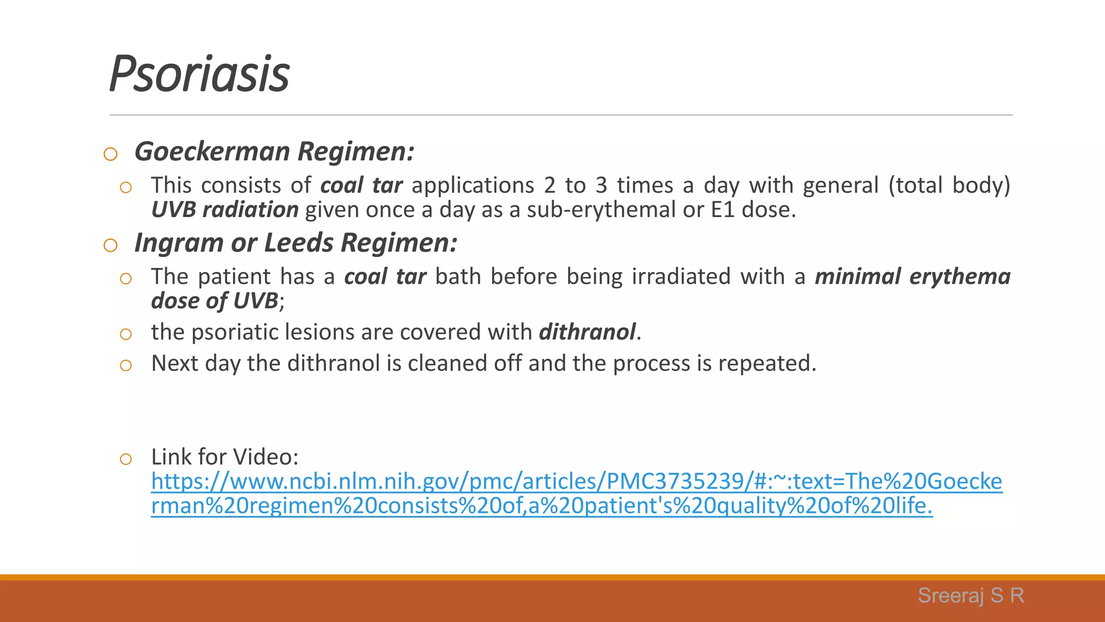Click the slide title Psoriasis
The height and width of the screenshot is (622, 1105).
pos(199,74)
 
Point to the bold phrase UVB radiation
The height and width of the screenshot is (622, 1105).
pos(224,209)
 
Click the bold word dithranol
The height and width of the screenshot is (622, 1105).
pos(587,332)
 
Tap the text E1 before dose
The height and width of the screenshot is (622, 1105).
pos(722,209)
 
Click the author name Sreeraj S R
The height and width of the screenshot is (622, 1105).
pos(971,596)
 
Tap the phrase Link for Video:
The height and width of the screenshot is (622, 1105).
pos(224,457)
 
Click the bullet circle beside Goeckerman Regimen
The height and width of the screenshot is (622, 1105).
pos(110,154)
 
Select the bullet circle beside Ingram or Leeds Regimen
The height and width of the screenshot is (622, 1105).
pos(110,246)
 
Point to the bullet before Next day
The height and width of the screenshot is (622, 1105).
pos(126,366)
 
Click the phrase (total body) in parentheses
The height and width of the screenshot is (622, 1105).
pos(949,186)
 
